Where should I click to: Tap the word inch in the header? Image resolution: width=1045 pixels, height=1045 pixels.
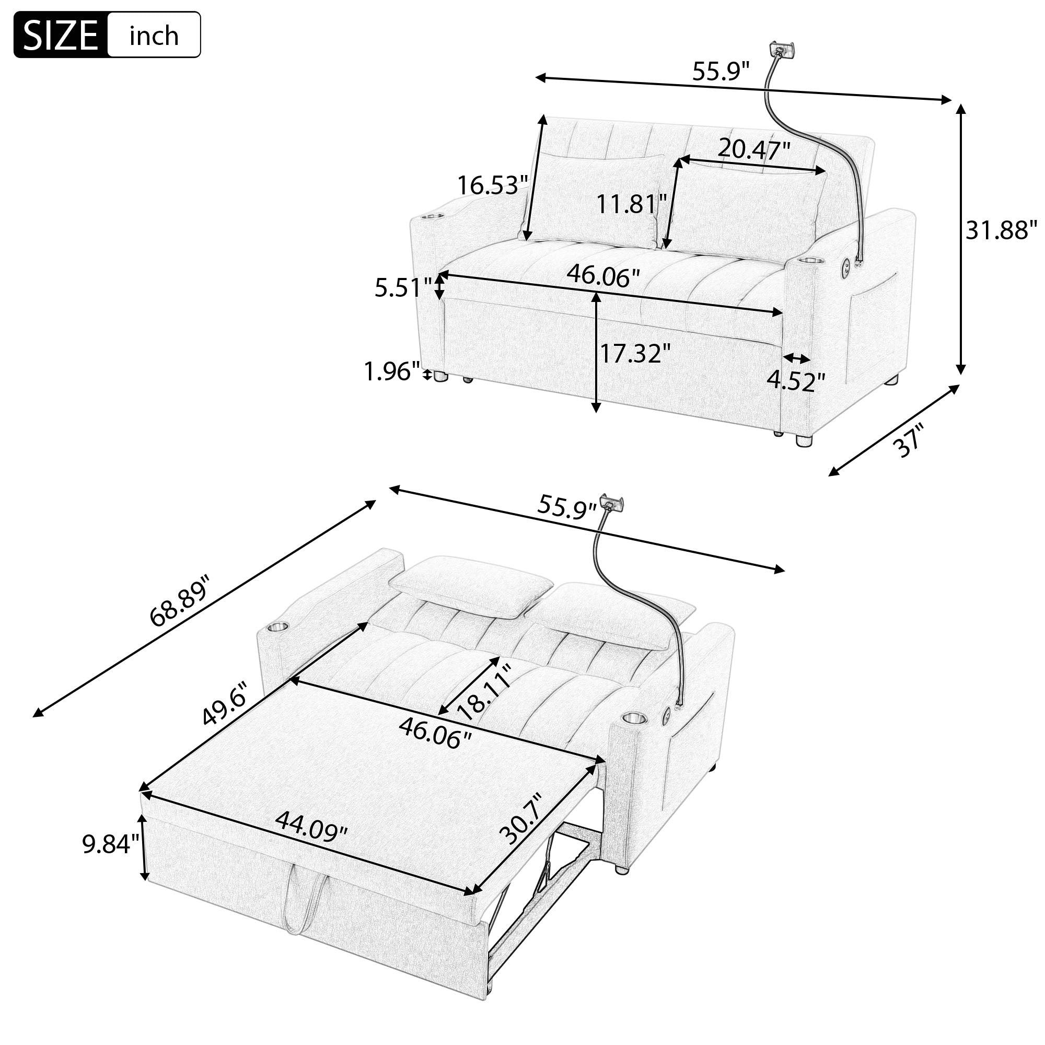click(x=154, y=36)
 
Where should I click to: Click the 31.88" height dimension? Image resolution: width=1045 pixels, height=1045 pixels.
click(x=1001, y=230)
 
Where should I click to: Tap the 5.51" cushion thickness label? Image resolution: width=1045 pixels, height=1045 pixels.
click(x=403, y=288)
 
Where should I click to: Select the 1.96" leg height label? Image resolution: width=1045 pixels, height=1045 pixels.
click(x=391, y=371)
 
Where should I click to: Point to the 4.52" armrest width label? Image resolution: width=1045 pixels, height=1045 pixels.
click(x=796, y=382)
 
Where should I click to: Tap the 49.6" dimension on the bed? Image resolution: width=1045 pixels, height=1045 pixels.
click(x=225, y=704)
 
